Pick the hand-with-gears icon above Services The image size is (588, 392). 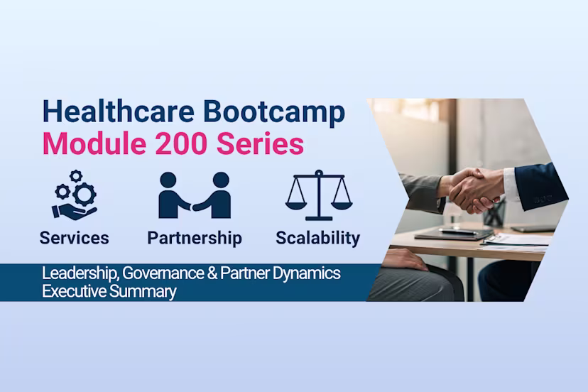[x=74, y=194]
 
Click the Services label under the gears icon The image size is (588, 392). [x=75, y=238]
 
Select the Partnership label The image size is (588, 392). [x=194, y=238]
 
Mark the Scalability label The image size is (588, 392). [x=317, y=238]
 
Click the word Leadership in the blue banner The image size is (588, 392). [x=75, y=273]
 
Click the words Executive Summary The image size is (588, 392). [x=109, y=291]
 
